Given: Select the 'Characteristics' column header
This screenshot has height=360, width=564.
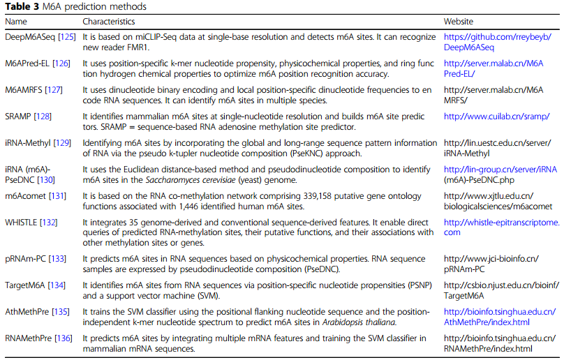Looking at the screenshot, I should click(x=109, y=22).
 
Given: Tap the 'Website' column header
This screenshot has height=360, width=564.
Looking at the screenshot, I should click(x=459, y=22).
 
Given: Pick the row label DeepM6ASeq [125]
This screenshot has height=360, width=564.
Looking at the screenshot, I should click(x=36, y=36).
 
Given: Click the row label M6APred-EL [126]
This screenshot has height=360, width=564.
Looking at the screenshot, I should click(x=36, y=63).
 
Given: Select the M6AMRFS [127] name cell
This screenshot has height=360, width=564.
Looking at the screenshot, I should click(x=34, y=89).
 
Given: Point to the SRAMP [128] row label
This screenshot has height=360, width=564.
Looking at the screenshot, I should click(x=28, y=116).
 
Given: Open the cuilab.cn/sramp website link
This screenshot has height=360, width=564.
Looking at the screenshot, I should click(x=492, y=116).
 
